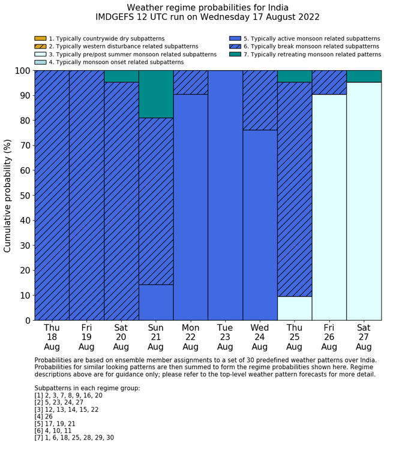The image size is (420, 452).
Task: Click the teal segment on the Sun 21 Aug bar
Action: coord(156,94)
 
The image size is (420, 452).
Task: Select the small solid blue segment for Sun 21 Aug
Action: coord(156,302)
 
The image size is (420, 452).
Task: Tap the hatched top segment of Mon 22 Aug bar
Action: coord(191,82)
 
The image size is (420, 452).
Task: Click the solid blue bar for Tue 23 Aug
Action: coord(226,195)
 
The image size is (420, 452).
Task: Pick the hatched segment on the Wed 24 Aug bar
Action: coord(260,100)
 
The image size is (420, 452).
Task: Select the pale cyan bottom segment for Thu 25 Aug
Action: coord(295,308)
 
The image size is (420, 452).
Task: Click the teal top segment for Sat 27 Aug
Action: coord(364,76)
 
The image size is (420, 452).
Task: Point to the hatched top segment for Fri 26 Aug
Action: coord(329,82)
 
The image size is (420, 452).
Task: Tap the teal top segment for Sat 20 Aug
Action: coord(121,76)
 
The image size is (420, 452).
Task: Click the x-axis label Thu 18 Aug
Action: coord(52,337)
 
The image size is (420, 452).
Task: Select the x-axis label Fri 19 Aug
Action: coord(86,337)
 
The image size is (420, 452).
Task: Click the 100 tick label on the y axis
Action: coord(21,71)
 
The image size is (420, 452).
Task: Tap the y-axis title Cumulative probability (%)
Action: coord(8,195)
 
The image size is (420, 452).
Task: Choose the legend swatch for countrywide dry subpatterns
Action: coord(40,38)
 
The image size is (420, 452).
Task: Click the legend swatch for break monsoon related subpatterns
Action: coord(235,46)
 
